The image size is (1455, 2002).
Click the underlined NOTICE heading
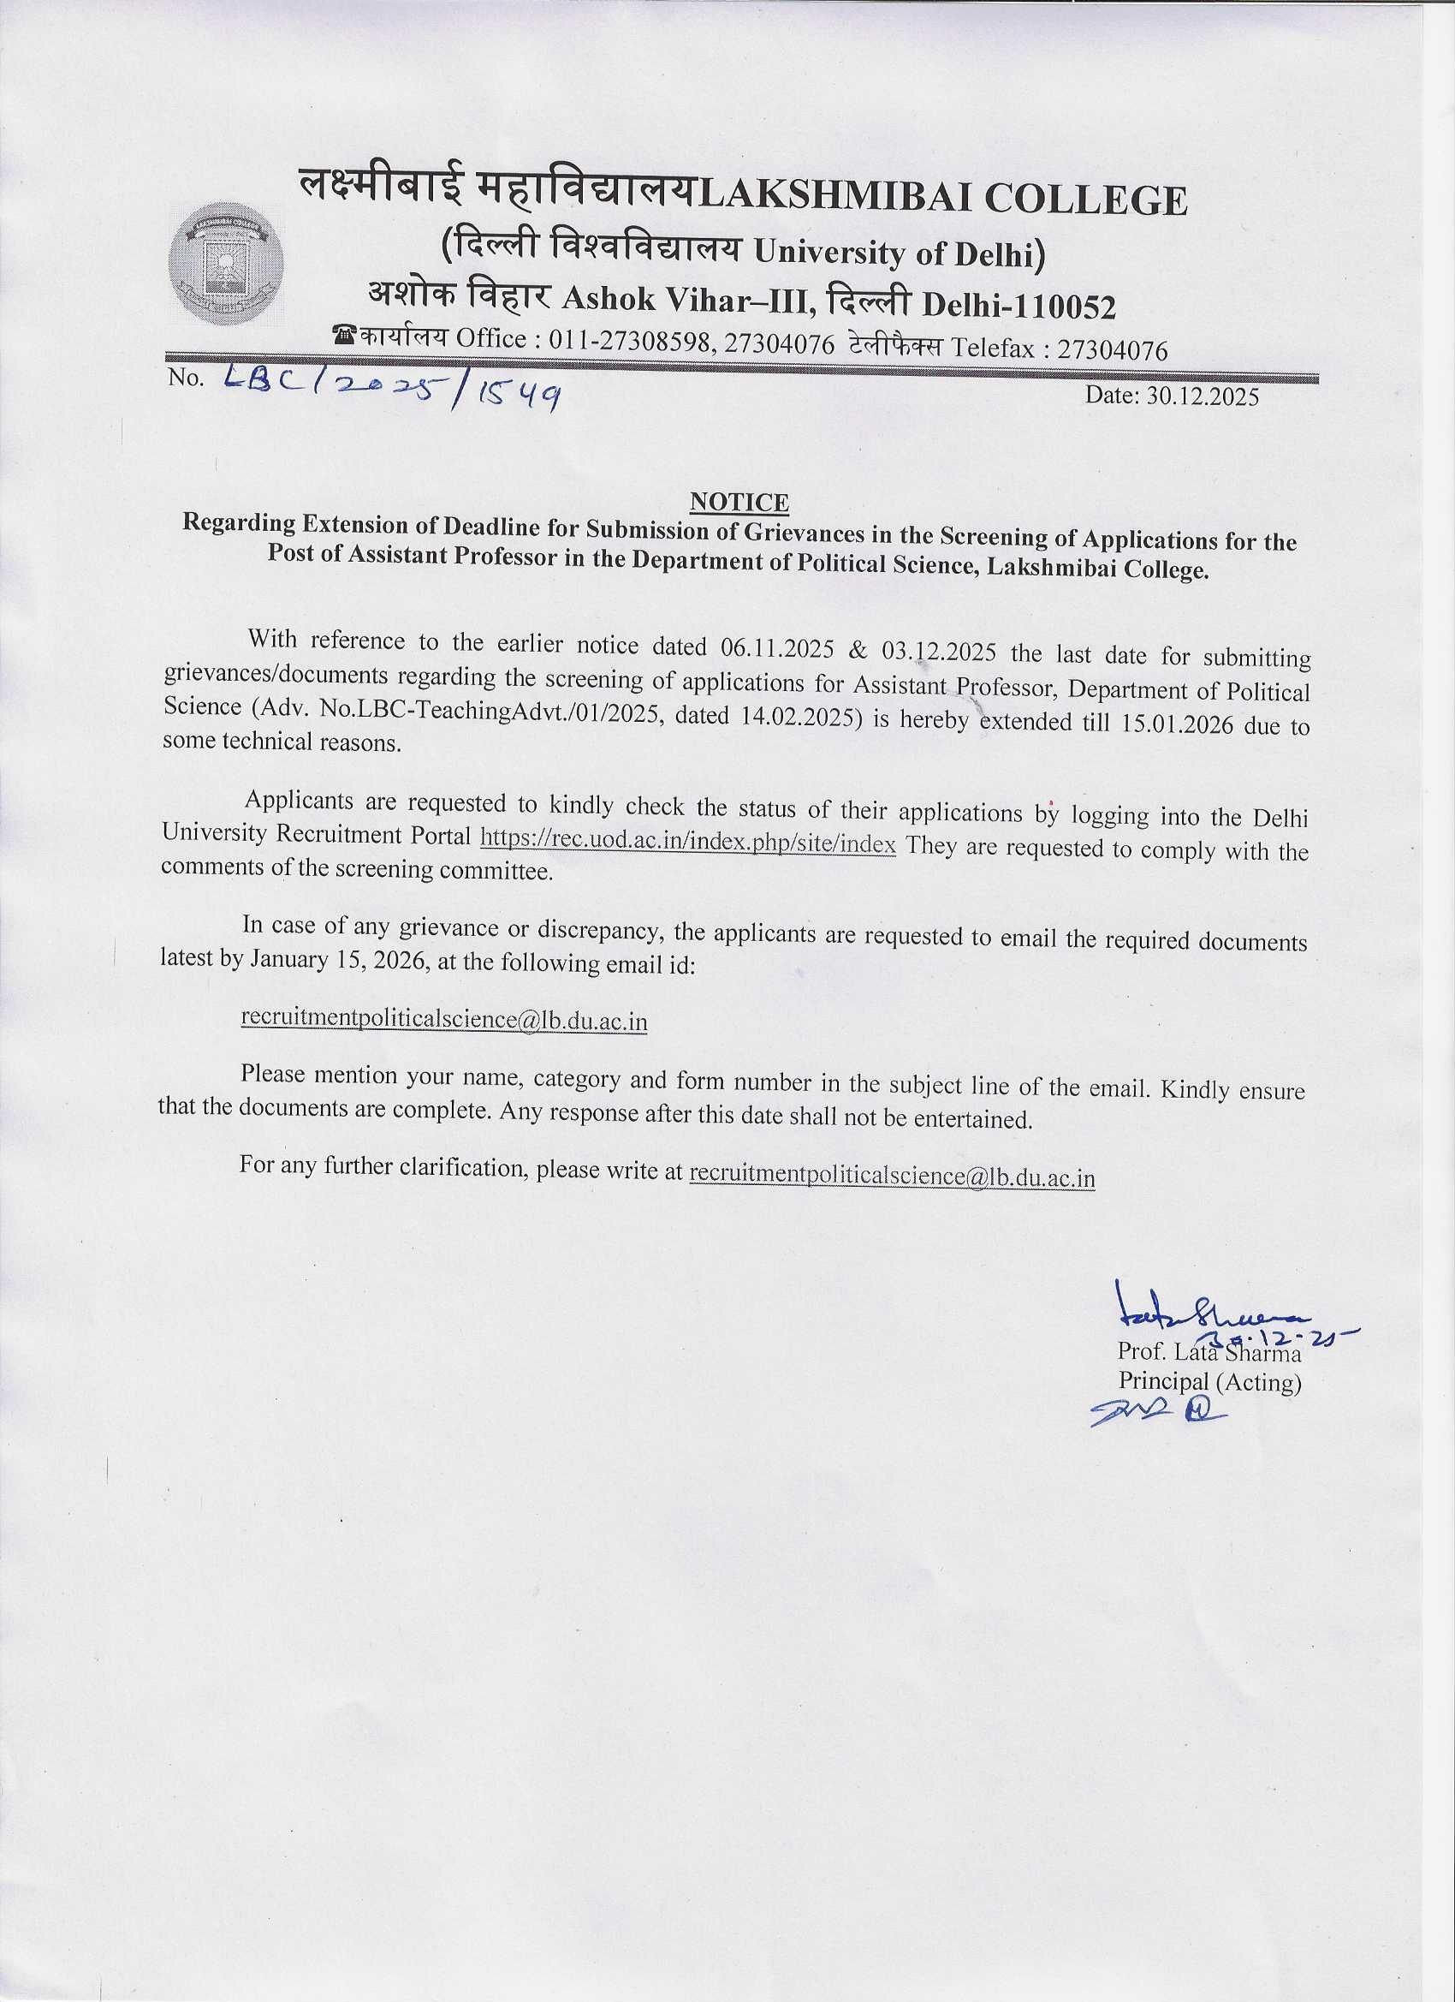(x=739, y=502)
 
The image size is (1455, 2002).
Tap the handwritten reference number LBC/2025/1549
(x=394, y=390)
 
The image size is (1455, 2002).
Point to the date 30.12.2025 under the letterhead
(x=1171, y=396)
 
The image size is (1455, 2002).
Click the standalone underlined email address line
(x=445, y=1020)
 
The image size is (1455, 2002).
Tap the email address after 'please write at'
(x=891, y=1176)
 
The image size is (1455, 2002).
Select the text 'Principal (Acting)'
(x=1209, y=1381)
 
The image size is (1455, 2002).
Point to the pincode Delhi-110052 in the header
(x=1019, y=306)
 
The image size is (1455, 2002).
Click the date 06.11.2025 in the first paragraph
(x=777, y=649)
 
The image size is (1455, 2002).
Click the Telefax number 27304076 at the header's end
(x=1112, y=350)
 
